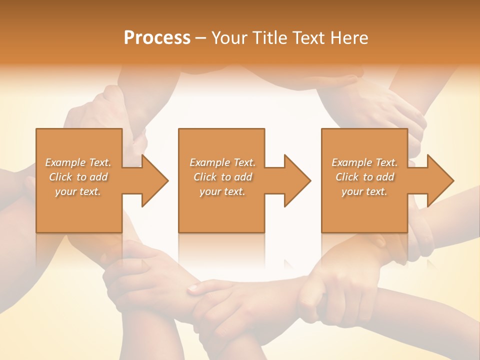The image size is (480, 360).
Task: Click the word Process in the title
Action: pos(157,38)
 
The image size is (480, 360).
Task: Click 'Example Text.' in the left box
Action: pos(78,162)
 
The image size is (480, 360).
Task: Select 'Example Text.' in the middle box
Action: pos(222,162)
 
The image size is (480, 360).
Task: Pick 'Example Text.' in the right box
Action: pos(364,162)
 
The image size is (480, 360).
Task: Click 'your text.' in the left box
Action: pos(78,191)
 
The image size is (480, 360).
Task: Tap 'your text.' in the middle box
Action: pos(222,191)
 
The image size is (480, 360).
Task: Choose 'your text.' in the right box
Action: pos(364,191)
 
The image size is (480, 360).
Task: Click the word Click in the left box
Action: pos(60,177)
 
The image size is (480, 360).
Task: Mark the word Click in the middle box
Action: pos(205,177)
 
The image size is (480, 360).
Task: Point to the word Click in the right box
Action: pos(347,177)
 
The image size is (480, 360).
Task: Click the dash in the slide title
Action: pos(201,38)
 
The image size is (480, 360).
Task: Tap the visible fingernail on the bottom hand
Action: pos(193,288)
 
